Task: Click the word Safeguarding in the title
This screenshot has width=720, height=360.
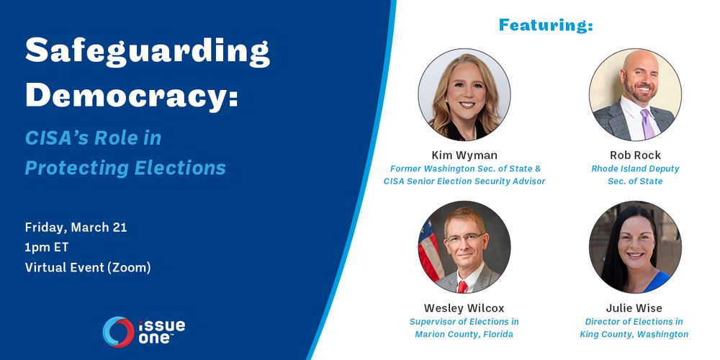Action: pos(148,52)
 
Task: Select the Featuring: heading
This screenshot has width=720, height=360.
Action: pos(546,25)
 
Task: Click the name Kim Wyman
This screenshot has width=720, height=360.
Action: pos(464,155)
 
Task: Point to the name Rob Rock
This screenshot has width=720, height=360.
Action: pos(635,155)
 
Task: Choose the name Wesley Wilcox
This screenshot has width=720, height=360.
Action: pos(464,307)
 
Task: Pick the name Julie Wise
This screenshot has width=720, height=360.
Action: pos(634,307)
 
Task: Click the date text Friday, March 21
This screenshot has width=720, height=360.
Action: pos(76,228)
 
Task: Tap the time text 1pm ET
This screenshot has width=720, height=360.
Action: pos(47,247)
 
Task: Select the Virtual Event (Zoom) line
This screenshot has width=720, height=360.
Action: pos(88,267)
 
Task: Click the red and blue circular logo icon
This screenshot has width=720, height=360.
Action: pos(119,331)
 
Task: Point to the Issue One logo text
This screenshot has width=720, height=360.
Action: pos(161,331)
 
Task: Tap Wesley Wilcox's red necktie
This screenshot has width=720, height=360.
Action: pos(462,287)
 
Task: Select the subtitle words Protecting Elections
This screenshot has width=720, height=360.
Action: pos(125,168)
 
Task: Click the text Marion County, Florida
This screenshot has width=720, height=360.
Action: pos(464,334)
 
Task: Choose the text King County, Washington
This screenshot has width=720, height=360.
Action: pos(634,334)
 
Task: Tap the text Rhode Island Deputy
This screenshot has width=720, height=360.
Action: pos(635,168)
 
